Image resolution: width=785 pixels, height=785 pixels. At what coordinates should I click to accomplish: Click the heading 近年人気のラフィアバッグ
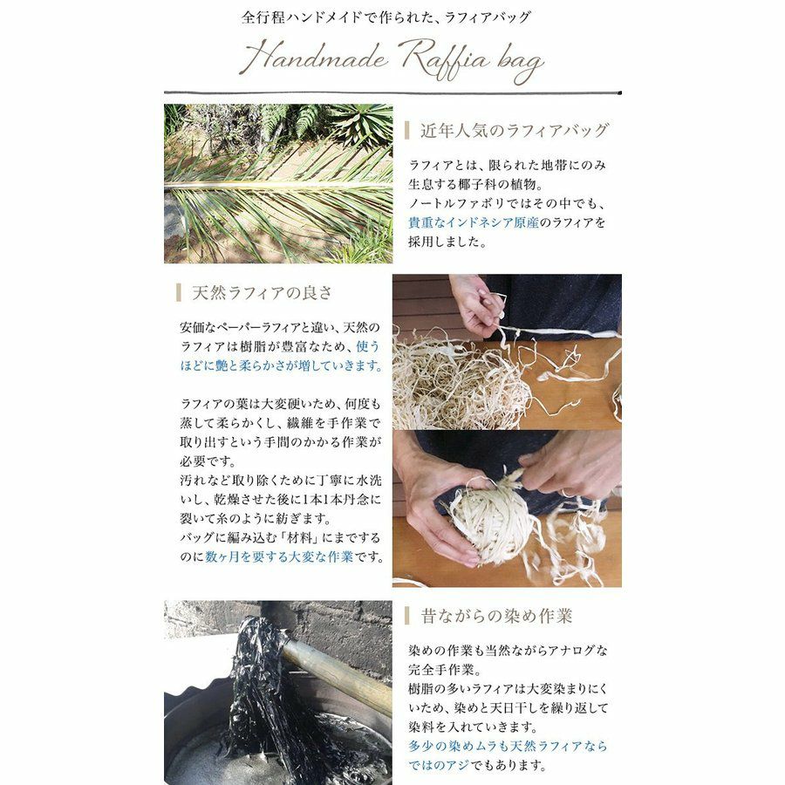(514, 130)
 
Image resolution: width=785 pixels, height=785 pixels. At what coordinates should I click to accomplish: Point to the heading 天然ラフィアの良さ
(262, 292)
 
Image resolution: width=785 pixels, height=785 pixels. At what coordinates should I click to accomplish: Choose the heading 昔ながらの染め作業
(496, 616)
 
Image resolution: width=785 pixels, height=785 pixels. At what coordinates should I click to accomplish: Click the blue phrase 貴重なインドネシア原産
(474, 222)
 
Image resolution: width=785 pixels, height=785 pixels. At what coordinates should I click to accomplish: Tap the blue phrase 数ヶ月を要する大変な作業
(279, 556)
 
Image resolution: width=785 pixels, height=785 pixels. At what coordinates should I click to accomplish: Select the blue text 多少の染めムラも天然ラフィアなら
(508, 746)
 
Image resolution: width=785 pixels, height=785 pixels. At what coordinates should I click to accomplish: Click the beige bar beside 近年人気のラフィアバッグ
(407, 130)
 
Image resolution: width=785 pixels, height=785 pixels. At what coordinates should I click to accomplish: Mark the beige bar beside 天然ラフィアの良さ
(179, 292)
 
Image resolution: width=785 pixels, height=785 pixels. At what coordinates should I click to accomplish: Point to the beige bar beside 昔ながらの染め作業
(407, 616)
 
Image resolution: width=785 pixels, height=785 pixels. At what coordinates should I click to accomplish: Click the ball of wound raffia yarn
(488, 522)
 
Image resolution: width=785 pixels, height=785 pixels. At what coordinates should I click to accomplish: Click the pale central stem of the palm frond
(278, 185)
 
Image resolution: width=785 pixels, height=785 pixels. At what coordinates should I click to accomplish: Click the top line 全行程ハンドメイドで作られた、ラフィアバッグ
(386, 17)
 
